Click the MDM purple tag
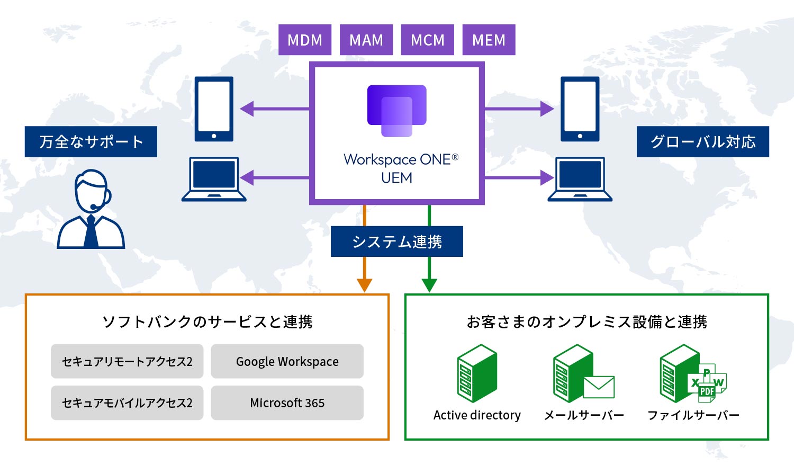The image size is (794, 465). (305, 40)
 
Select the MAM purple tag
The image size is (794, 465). (366, 40)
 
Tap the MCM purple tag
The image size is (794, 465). (428, 40)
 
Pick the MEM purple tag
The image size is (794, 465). (489, 40)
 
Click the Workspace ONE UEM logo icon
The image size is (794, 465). (397, 111)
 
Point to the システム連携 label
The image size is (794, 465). (397, 242)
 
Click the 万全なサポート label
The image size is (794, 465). (91, 141)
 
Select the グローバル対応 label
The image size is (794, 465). (702, 141)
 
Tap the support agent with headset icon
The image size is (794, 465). (91, 209)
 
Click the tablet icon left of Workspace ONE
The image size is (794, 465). (214, 109)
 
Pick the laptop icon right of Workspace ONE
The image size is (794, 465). (580, 179)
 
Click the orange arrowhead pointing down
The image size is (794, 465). (365, 285)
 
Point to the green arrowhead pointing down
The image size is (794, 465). (429, 285)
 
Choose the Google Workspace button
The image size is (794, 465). (287, 361)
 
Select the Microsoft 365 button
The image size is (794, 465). (287, 403)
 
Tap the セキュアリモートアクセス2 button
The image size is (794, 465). (127, 361)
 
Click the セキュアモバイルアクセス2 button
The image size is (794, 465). (127, 403)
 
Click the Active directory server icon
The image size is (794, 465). (477, 373)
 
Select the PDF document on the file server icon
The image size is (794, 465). (707, 391)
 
